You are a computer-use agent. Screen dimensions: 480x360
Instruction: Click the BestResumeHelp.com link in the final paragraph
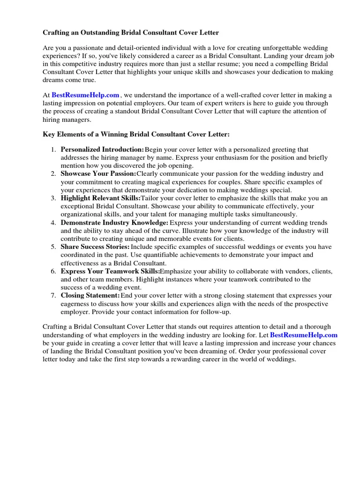(x=304, y=335)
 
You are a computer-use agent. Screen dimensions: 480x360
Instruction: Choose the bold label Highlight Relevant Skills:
(x=100, y=198)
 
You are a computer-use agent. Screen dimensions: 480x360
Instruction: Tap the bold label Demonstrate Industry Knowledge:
(x=114, y=223)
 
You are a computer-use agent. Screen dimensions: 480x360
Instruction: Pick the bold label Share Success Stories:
(x=95, y=247)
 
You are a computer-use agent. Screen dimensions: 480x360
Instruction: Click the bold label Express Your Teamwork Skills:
(x=110, y=271)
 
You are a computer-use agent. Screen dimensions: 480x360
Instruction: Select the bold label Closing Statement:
(x=90, y=296)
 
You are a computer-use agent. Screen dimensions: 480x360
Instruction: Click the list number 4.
(x=53, y=223)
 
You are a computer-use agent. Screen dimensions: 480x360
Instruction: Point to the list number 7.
(x=53, y=296)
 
